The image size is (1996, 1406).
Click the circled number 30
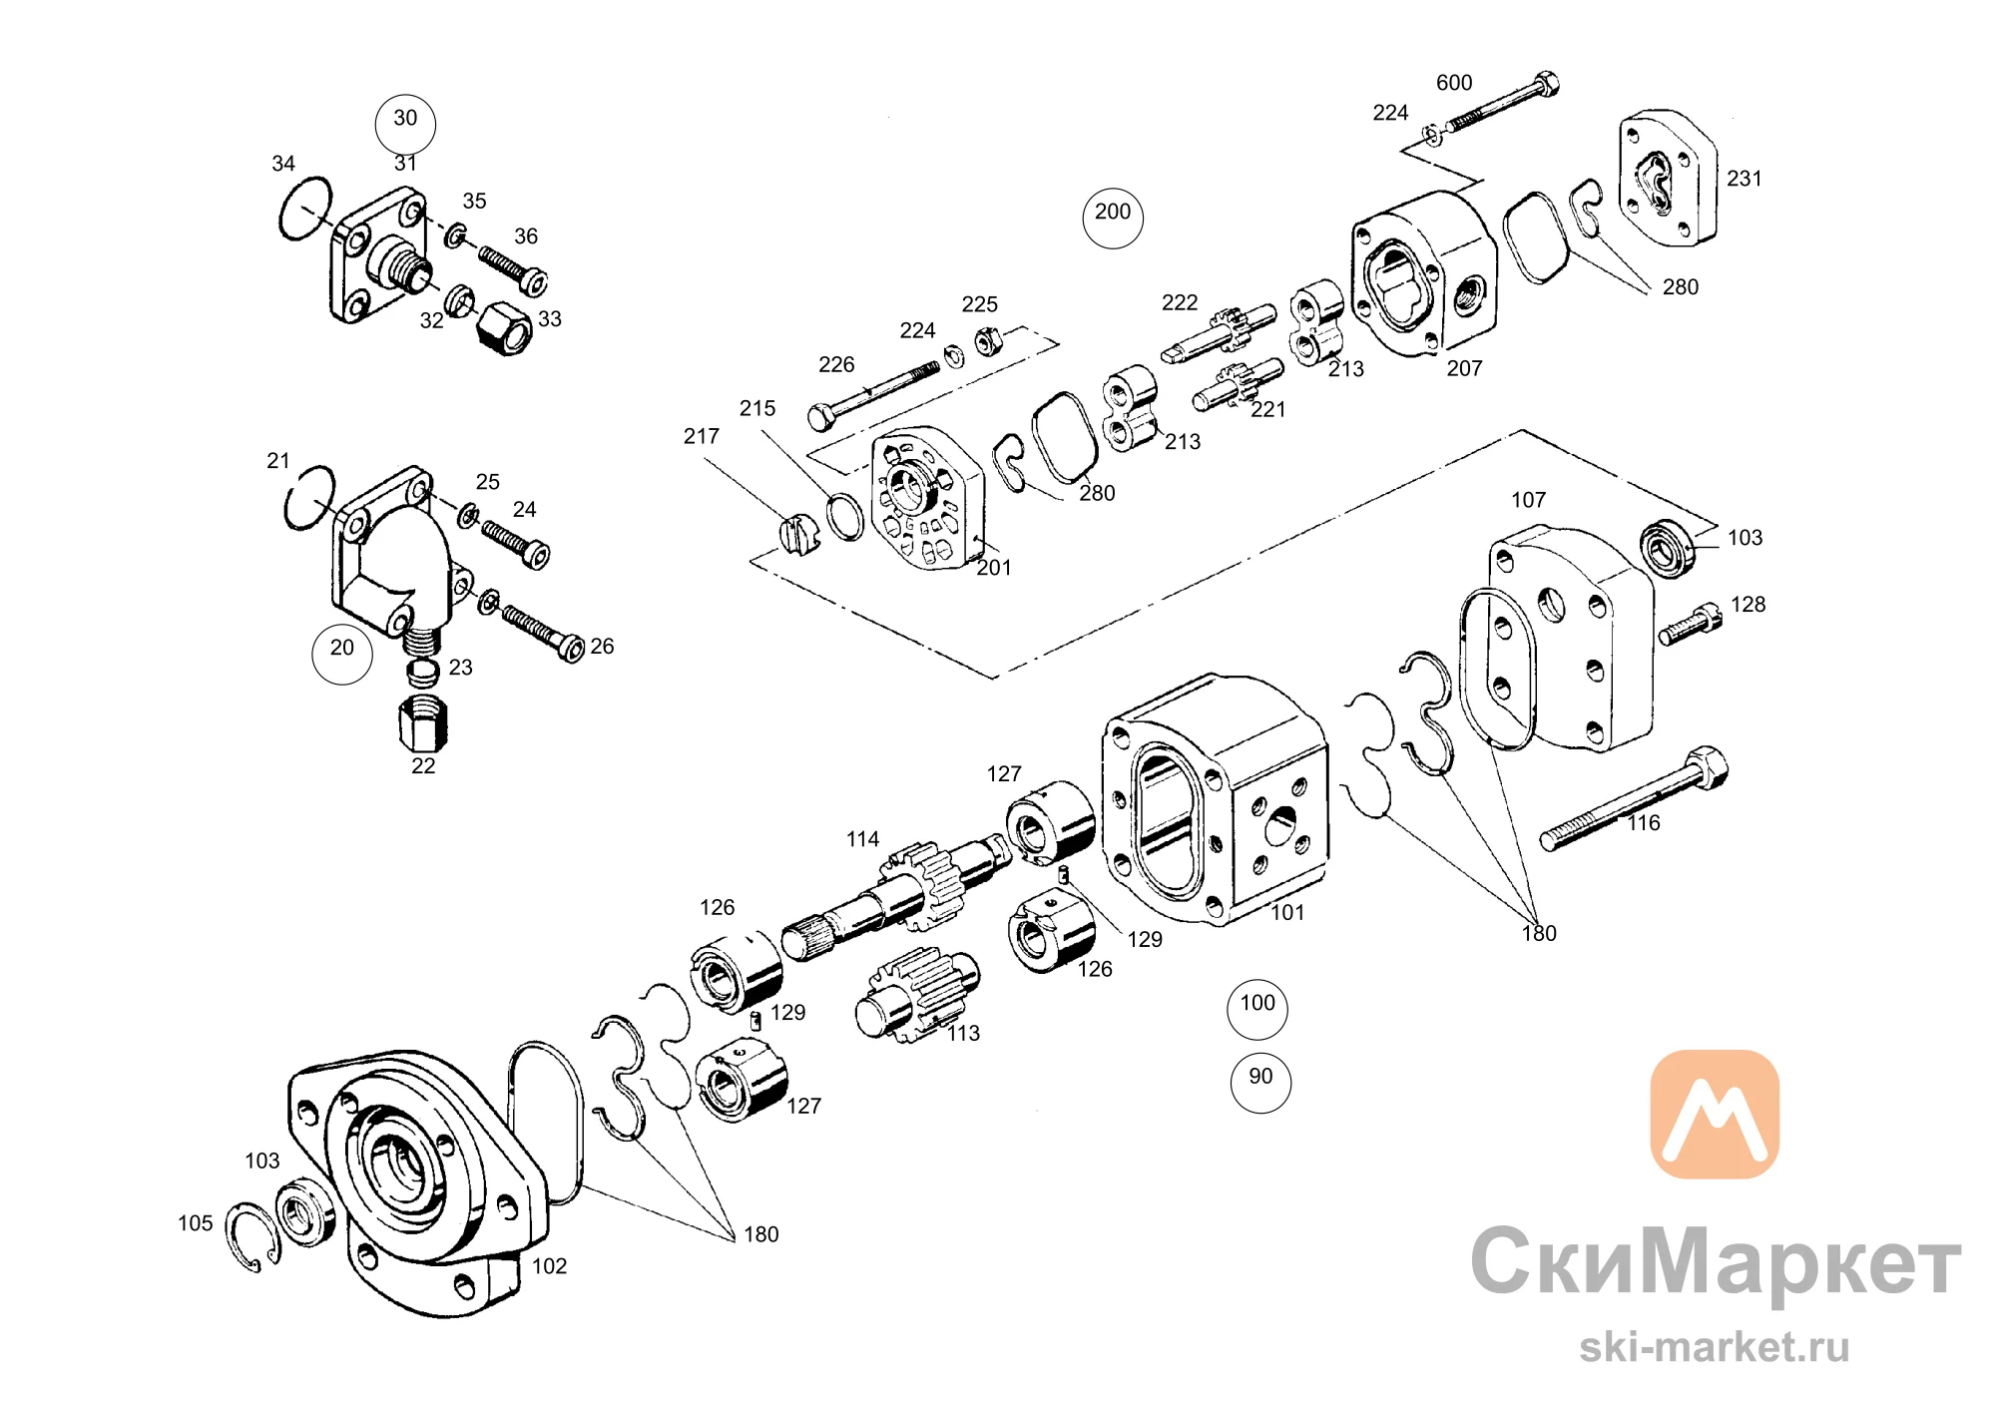[405, 124]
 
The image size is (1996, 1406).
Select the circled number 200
[1113, 218]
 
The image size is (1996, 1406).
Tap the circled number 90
[1260, 1082]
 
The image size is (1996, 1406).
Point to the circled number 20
[342, 654]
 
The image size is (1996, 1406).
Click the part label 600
[1454, 83]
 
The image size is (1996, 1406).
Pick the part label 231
[1745, 179]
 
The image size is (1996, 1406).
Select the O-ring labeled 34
[304, 209]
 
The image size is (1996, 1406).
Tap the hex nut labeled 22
[423, 722]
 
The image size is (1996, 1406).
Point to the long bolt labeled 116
[1634, 798]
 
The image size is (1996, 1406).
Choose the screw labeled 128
[1691, 624]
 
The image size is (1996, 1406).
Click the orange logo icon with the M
[1715, 1114]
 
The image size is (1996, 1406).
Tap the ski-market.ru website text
[1714, 1347]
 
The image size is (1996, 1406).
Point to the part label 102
[549, 1266]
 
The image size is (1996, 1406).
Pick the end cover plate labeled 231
[1667, 178]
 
